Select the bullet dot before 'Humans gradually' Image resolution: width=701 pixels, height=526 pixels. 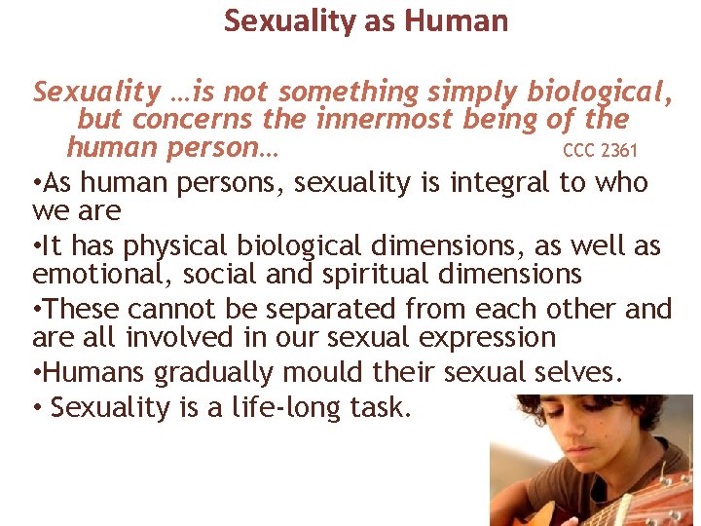click(x=37, y=372)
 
